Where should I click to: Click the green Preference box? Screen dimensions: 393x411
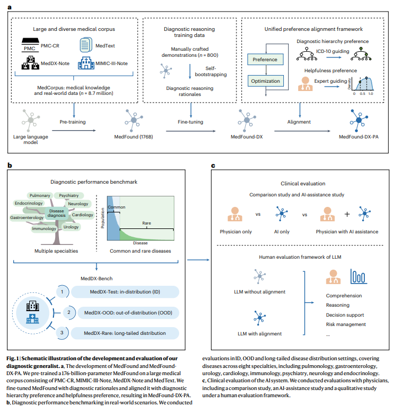pos(265,60)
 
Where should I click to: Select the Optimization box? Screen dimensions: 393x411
pos(265,81)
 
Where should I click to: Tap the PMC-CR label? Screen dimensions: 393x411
pos(50,46)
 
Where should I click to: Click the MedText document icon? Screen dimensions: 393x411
pos(86,45)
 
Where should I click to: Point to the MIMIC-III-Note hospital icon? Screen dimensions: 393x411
pos(86,63)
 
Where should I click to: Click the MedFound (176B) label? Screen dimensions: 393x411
pos(133,137)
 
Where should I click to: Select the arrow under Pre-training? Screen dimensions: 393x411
pos(74,130)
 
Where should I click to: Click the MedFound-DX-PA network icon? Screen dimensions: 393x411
pos(359,120)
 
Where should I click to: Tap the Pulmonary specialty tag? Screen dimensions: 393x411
pos(40,195)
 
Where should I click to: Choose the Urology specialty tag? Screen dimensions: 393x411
pos(71,227)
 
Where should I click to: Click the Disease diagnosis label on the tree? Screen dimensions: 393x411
pos(57,213)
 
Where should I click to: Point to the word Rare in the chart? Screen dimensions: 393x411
pos(147,223)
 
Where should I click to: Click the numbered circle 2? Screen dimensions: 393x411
pos(68,312)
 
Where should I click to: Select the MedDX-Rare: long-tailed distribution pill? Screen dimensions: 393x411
pos(125,333)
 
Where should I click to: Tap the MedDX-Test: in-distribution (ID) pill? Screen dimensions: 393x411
pos(125,292)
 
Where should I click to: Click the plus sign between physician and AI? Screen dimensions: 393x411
pos(347,214)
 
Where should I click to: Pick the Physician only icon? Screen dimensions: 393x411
pos(235,214)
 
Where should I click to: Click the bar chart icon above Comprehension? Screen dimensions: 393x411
pos(358,276)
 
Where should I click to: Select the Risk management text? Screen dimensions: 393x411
pos(346,324)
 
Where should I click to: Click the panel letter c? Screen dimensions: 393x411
pos(213,166)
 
